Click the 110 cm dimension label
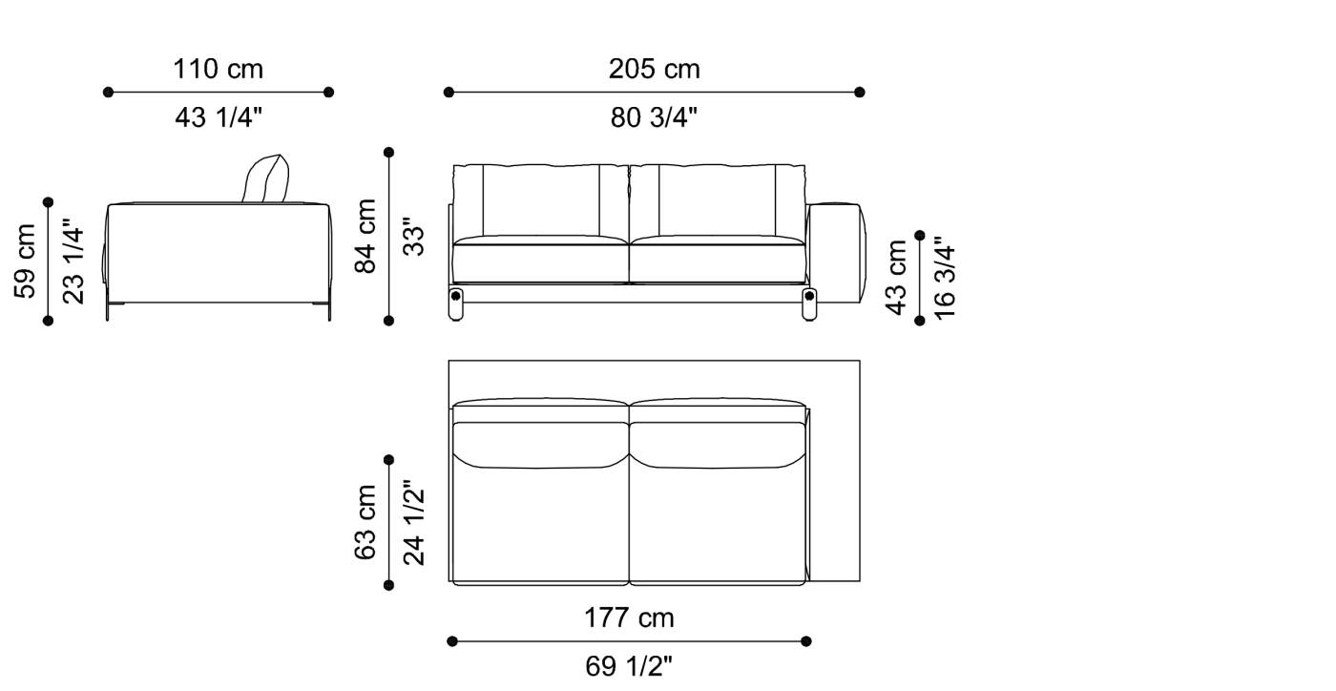pyautogui.click(x=218, y=70)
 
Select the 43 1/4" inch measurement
pyautogui.click(x=219, y=117)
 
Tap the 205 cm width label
pyautogui.click(x=654, y=70)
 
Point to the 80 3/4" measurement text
pyautogui.click(x=654, y=117)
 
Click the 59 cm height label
pyautogui.click(x=26, y=261)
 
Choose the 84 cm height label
pyautogui.click(x=366, y=236)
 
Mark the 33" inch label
pyautogui.click(x=412, y=236)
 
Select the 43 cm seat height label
pyautogui.click(x=897, y=278)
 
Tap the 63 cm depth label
pyautogui.click(x=366, y=521)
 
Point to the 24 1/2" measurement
pyautogui.click(x=413, y=522)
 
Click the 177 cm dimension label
pyautogui.click(x=629, y=618)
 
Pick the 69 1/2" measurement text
pyautogui.click(x=629, y=666)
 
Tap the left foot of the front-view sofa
pyautogui.click(x=457, y=304)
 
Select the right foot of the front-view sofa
pyautogui.click(x=810, y=304)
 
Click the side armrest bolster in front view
pyautogui.click(x=837, y=250)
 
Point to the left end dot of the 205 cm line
pyautogui.click(x=449, y=93)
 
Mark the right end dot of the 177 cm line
pyautogui.click(x=807, y=641)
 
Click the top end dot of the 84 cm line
pyautogui.click(x=388, y=152)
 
